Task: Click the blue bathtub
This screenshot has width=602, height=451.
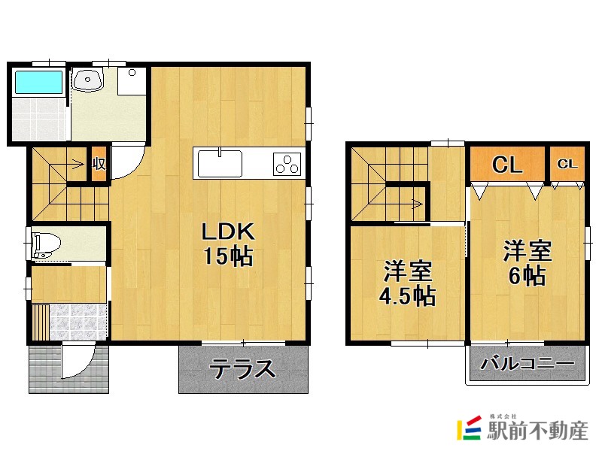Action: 38,82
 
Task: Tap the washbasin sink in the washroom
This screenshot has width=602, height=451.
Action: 88,80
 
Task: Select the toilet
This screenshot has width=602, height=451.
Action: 47,244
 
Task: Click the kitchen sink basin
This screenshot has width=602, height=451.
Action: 220,164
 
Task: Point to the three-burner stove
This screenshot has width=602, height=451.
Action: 287,164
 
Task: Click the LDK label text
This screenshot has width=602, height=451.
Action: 228,232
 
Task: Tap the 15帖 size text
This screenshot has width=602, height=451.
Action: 228,256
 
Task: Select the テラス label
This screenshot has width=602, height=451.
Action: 242,369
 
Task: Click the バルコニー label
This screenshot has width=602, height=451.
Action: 528,362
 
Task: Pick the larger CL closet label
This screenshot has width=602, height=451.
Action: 507,164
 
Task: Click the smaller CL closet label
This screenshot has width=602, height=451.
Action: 567,164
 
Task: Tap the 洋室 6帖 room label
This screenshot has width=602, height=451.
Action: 528,264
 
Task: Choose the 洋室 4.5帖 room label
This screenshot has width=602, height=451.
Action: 407,283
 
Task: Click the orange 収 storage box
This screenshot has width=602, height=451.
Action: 99,164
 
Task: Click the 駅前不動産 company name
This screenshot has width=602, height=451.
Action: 537,431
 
